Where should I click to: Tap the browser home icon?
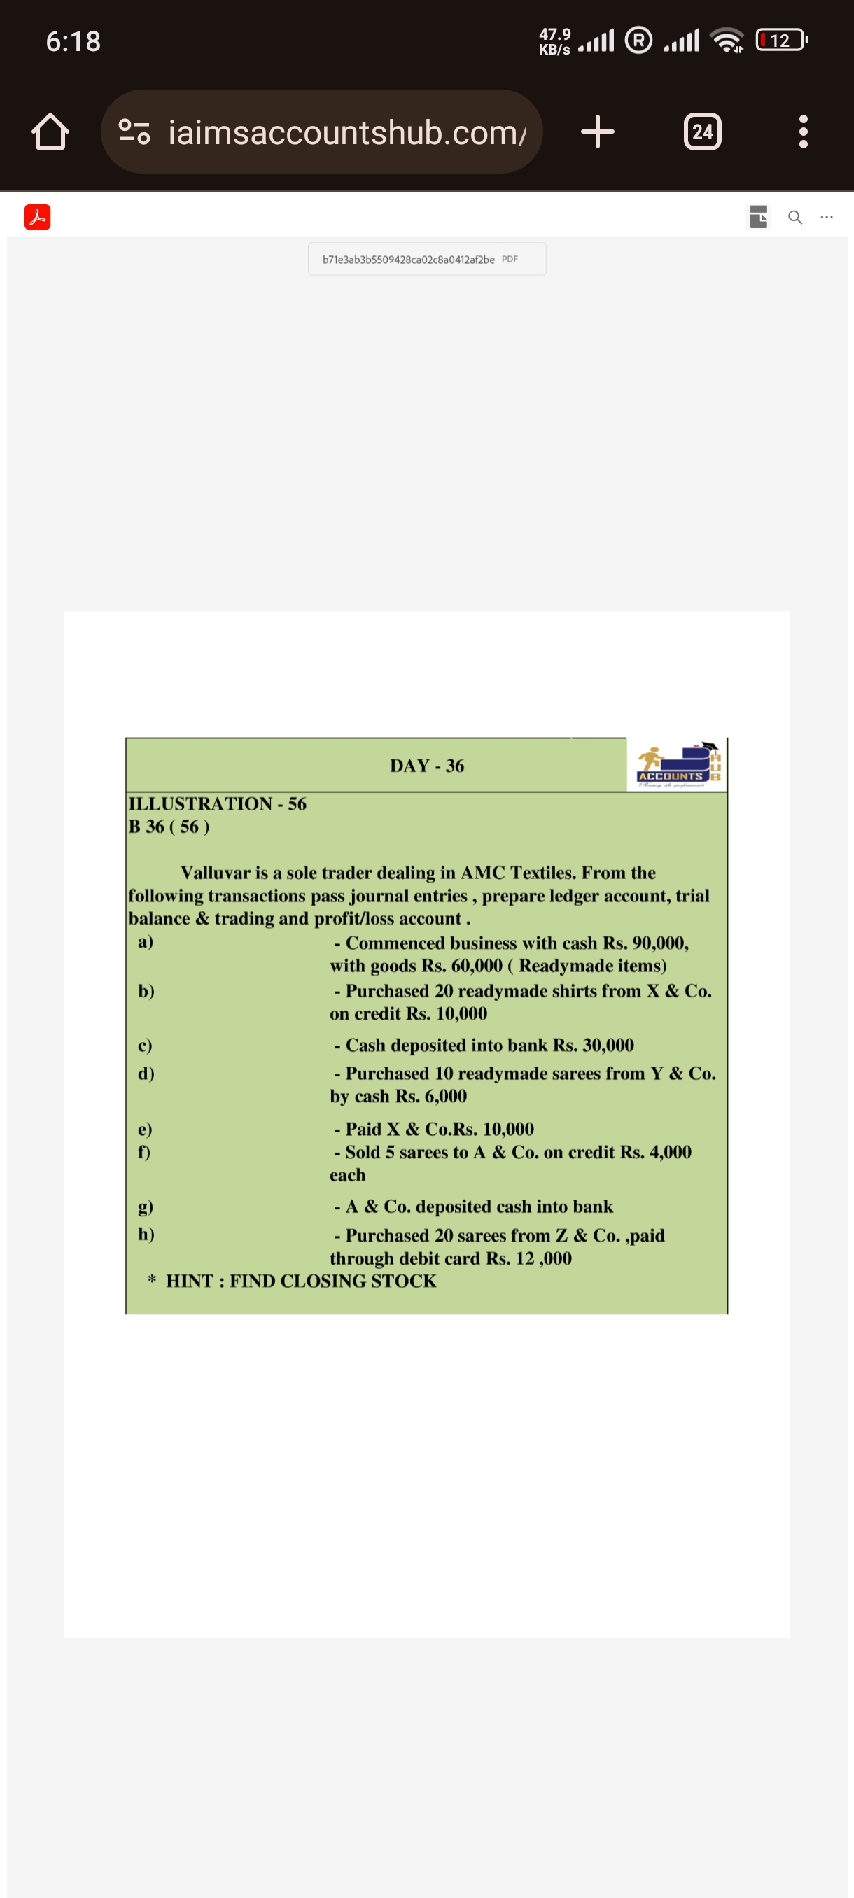[x=50, y=132]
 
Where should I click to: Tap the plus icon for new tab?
[x=597, y=132]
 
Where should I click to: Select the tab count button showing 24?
[x=701, y=132]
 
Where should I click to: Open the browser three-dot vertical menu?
[x=803, y=132]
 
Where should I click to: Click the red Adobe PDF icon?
[x=37, y=217]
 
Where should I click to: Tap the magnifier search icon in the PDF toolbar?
[x=795, y=218]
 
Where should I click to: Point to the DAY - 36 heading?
[x=426, y=766]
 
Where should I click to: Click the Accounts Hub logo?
[x=677, y=766]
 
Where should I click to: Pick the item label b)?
[x=146, y=990]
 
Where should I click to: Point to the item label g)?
[x=146, y=1206]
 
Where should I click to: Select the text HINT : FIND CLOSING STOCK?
[x=300, y=1281]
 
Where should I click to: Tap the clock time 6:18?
[x=73, y=41]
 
